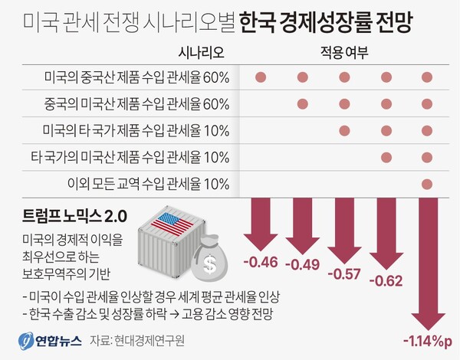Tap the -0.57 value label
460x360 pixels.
point(344,273)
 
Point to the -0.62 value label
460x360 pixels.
point(386,281)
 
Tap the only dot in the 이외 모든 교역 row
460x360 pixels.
point(427,183)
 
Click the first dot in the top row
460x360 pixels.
point(260,77)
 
